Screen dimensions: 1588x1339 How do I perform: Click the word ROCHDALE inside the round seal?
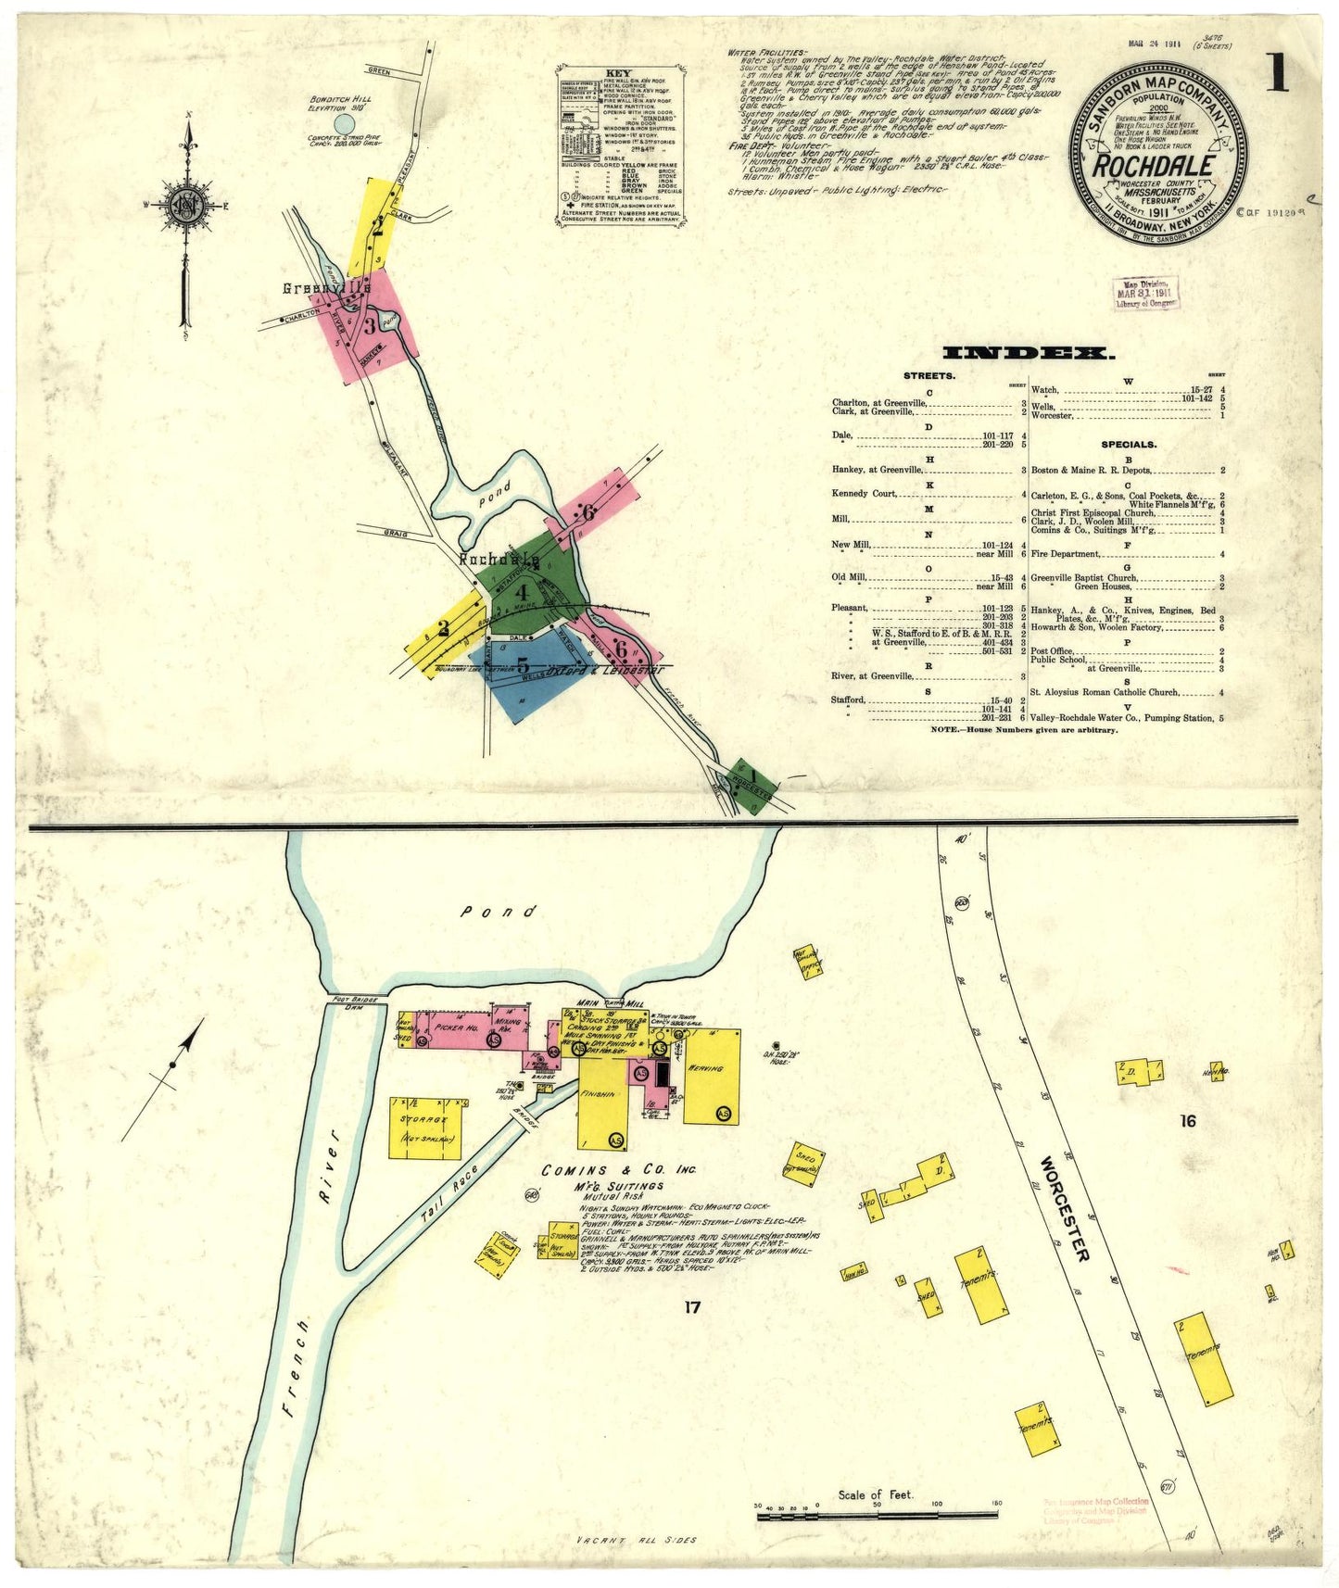point(1154,167)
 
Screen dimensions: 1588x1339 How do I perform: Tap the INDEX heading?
point(1028,353)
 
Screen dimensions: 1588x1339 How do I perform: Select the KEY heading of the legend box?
point(618,73)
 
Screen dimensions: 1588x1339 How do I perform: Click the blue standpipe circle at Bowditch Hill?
point(344,123)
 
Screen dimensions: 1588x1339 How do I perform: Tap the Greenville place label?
point(326,289)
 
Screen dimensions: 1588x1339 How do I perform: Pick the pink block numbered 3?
point(368,325)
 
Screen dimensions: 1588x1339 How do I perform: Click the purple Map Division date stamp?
point(1145,293)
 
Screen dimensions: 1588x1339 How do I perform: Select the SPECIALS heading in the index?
point(1128,445)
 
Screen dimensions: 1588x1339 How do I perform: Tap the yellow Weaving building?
point(711,1076)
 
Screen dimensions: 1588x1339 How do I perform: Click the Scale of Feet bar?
point(877,1516)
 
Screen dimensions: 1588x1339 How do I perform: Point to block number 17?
point(691,1307)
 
